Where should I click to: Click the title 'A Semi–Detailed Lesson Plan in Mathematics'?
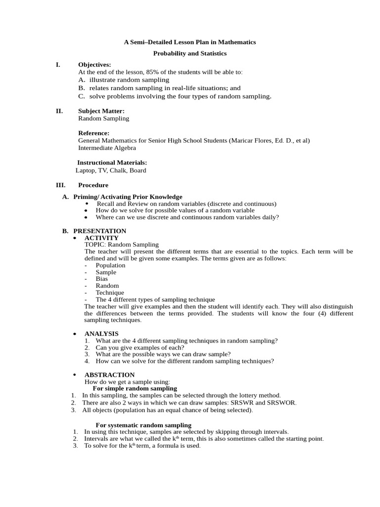190,42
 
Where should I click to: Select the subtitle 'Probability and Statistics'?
190,53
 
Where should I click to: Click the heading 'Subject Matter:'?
101,111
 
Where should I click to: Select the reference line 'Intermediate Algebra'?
107,148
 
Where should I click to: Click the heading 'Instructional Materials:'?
112,162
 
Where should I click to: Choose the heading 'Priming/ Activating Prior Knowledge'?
128,197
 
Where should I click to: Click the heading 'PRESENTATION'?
99,231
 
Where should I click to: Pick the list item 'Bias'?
101,279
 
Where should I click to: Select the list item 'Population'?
110,265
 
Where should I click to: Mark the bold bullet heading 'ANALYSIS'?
101,334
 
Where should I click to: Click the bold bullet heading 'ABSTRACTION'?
109,375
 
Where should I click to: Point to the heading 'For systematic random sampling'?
143,425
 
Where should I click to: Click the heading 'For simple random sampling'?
135,389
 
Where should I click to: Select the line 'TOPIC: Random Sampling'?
122,245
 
